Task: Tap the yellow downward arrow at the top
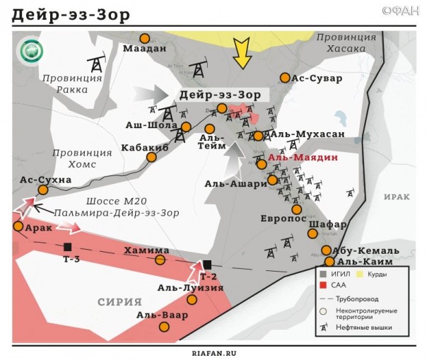tap(242, 53)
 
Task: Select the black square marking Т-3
tap(67, 247)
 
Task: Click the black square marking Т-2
tap(207, 264)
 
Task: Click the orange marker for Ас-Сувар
tap(285, 78)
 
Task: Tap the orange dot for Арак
tap(18, 226)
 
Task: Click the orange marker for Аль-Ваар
tap(165, 327)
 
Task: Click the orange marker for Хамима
tap(160, 260)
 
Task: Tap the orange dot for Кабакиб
tap(151, 157)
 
